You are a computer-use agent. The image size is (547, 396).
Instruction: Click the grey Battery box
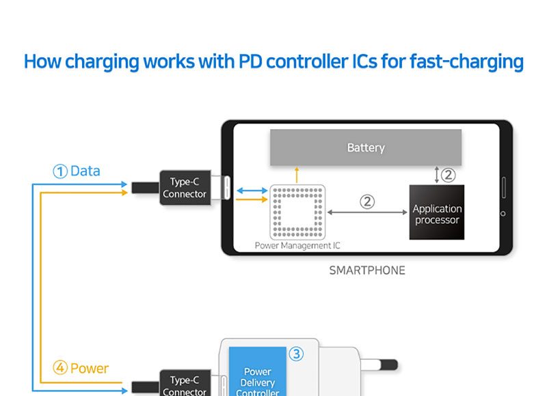point(365,147)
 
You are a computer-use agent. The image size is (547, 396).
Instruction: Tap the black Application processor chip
point(437,212)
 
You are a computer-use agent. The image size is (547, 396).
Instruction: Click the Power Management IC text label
point(297,245)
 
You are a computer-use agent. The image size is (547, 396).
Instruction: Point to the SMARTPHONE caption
point(367,270)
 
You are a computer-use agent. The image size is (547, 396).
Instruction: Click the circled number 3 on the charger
point(296,354)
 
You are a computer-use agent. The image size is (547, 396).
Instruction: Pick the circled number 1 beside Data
point(60,171)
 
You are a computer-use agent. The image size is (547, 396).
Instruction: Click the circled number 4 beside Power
point(60,369)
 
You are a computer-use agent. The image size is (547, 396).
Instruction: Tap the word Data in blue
point(85,171)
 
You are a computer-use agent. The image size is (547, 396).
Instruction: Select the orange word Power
point(90,369)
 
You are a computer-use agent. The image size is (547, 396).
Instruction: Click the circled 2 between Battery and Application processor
point(448,175)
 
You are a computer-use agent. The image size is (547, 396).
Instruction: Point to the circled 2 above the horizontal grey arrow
point(367,201)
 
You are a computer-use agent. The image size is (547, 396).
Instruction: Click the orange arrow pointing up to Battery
point(296,174)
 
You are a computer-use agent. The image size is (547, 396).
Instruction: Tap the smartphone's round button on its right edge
point(503,214)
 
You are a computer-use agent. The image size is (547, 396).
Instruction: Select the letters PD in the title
point(250,61)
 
